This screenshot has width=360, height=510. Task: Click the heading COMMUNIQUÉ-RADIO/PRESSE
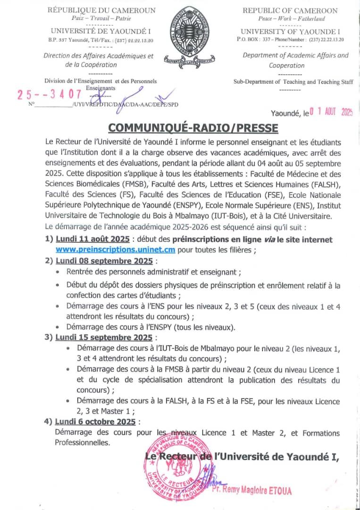tap(193, 128)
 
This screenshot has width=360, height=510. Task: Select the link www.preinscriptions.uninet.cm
tap(116, 250)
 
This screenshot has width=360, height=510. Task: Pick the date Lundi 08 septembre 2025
tap(104, 261)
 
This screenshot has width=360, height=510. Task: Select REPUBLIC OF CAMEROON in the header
tap(290, 10)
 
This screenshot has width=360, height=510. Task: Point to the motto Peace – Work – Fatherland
tap(292, 18)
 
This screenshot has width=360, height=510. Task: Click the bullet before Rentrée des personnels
tap(58, 272)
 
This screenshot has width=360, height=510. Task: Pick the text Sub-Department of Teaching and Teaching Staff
tap(293, 82)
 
